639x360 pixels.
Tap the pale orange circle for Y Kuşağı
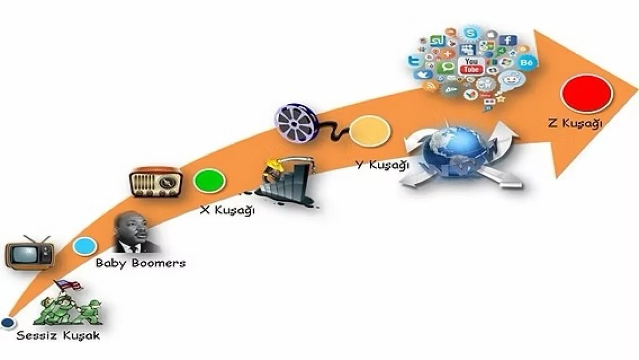click(370, 131)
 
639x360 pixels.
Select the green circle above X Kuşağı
click(209, 182)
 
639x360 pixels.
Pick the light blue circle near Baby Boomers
click(85, 246)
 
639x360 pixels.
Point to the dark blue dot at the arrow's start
click(7, 322)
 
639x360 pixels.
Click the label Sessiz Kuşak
click(58, 336)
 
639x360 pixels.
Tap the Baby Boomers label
click(141, 263)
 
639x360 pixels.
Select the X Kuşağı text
click(227, 210)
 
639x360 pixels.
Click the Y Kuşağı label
click(382, 165)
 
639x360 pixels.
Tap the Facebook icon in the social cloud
click(508, 40)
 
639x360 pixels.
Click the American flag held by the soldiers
click(69, 285)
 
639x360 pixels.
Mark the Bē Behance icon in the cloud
click(527, 63)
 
